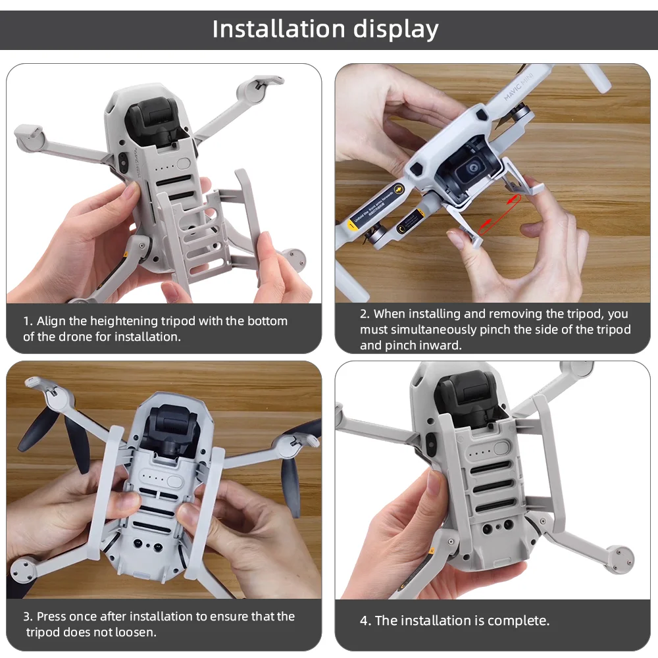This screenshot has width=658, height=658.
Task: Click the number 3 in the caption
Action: (27, 617)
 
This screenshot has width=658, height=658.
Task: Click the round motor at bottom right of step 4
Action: (619, 556)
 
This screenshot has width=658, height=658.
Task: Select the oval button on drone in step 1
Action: (184, 164)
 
